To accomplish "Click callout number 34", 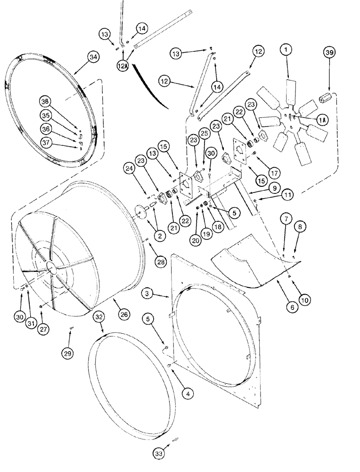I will coord(93,58).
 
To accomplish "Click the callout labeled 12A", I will coord(123,67).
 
